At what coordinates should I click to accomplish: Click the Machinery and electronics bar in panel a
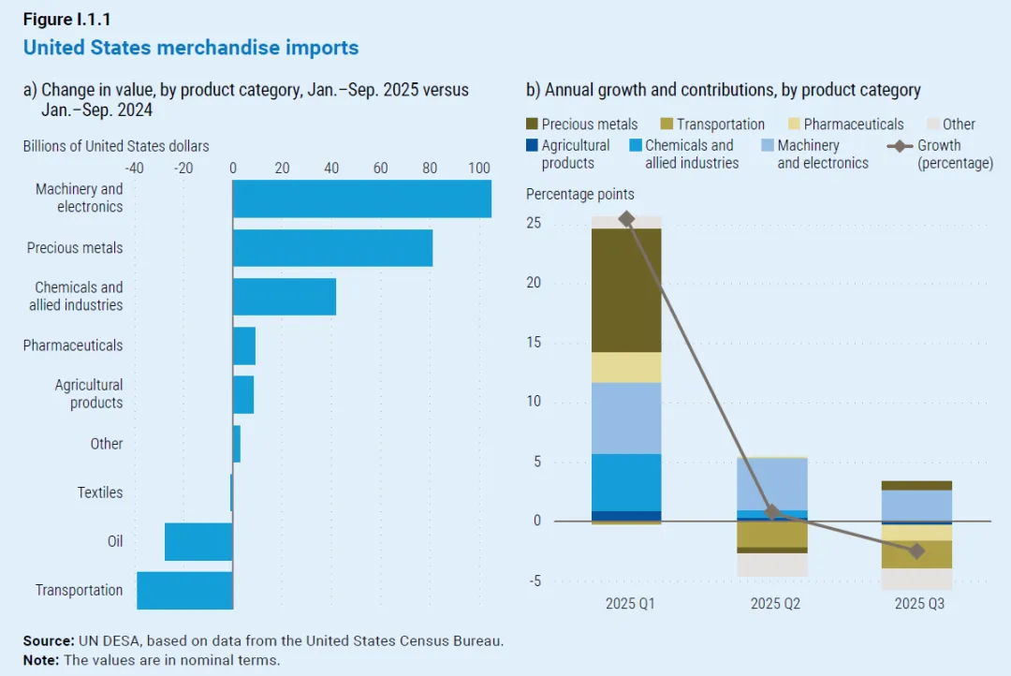361,198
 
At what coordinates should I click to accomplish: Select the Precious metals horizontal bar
332,248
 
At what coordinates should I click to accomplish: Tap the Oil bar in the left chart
198,541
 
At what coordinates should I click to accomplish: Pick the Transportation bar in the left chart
184,590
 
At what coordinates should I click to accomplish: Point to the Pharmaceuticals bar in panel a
244,345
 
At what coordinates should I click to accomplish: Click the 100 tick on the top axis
478,169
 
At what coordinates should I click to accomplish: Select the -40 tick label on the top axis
134,169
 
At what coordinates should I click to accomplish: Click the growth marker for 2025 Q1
626,219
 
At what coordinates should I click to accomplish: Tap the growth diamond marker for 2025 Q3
916,551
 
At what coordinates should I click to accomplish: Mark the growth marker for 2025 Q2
771,512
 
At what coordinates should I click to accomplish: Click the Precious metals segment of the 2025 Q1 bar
626,290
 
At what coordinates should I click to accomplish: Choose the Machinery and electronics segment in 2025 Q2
771,483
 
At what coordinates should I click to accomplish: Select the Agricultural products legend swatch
532,145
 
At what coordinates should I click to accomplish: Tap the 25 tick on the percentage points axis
535,224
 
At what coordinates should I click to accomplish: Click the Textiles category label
100,492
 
